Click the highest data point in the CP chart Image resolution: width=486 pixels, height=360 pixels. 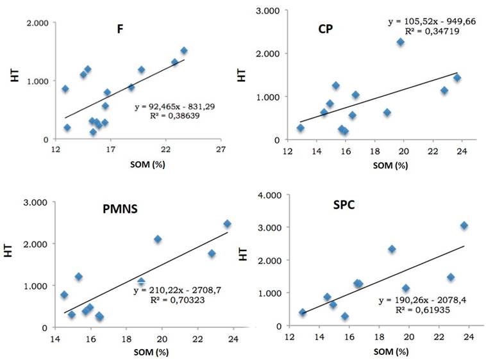click(x=400, y=42)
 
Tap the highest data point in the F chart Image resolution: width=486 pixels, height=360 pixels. click(x=184, y=51)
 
